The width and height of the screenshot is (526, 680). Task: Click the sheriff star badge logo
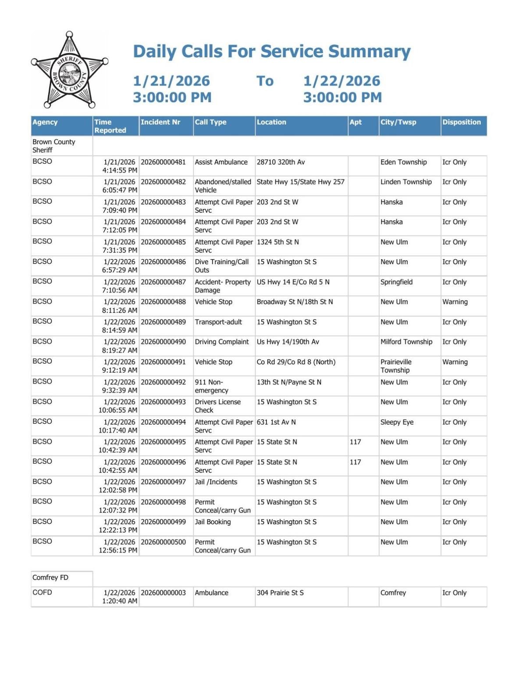[x=69, y=70]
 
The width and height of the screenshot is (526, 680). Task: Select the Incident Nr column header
[x=160, y=122]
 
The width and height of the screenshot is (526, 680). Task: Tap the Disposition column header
[x=461, y=122]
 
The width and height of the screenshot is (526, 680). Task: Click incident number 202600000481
[x=163, y=162]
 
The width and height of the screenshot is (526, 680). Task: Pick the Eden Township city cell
[x=403, y=162]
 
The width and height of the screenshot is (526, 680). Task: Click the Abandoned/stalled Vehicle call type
[x=223, y=186]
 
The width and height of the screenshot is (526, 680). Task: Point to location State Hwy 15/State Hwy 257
[x=300, y=182]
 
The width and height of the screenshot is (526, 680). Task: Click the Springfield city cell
[x=396, y=282]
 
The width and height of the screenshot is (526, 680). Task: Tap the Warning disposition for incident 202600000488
[x=455, y=302]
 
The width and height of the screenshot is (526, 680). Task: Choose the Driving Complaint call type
[x=221, y=342]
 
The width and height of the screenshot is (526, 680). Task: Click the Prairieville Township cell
[x=396, y=366]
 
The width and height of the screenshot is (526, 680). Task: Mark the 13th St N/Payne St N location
[x=289, y=382]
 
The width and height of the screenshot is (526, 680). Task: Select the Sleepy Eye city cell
[x=397, y=422]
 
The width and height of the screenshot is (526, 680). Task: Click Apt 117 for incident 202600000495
[x=355, y=442]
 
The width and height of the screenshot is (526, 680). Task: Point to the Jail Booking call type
[x=213, y=522]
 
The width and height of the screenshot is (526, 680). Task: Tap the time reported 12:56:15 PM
[x=118, y=550]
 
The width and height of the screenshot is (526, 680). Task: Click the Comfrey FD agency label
[x=50, y=578]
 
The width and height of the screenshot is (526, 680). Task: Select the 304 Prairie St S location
[x=280, y=593]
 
